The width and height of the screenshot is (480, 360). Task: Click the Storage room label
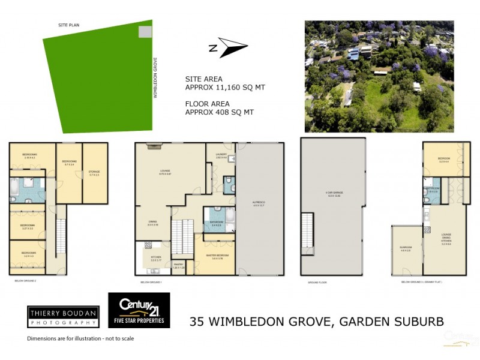(x=94, y=174)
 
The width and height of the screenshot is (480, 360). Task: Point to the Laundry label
(x=220, y=156)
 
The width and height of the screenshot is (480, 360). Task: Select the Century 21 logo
(x=139, y=310)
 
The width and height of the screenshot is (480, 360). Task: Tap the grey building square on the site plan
(x=145, y=32)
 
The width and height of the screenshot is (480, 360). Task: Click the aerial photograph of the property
(x=379, y=76)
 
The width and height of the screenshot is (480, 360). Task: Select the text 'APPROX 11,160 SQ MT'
(x=225, y=88)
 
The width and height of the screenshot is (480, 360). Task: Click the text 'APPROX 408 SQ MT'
(x=220, y=112)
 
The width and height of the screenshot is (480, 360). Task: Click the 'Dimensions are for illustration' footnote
(x=80, y=338)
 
